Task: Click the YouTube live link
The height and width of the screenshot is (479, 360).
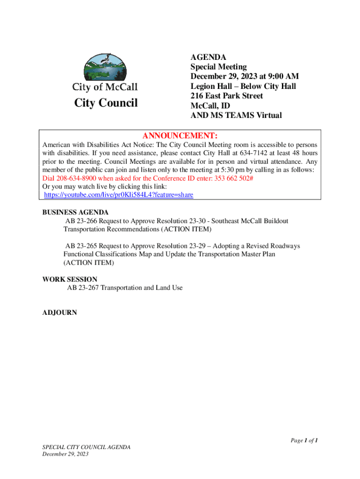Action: click(x=118, y=195)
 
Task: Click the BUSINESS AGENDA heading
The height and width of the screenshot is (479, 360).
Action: click(x=75, y=212)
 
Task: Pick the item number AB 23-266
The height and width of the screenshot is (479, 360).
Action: click(x=80, y=221)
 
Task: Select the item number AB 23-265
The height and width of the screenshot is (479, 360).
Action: click(x=80, y=246)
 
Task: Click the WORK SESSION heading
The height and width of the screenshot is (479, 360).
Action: click(x=70, y=280)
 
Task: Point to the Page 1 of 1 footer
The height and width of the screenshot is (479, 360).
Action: click(x=304, y=441)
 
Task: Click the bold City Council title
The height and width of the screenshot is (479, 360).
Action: click(x=106, y=103)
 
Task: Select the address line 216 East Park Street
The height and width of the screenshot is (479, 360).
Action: click(x=227, y=96)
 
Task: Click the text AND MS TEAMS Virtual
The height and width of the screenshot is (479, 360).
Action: click(x=236, y=116)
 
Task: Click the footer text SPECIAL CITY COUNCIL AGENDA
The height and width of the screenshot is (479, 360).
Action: click(x=86, y=447)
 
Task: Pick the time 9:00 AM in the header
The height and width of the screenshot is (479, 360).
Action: click(x=282, y=76)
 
